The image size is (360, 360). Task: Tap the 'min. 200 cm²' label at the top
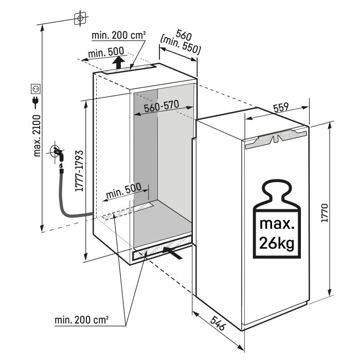point(119,35)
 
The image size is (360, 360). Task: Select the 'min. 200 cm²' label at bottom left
point(82,320)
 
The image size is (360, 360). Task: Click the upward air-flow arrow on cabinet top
point(119,63)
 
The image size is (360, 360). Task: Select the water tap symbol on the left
point(57,153)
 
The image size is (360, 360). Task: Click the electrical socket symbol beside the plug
point(36,88)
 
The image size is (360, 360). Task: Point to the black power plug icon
point(36,102)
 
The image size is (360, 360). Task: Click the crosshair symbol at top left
point(79,17)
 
